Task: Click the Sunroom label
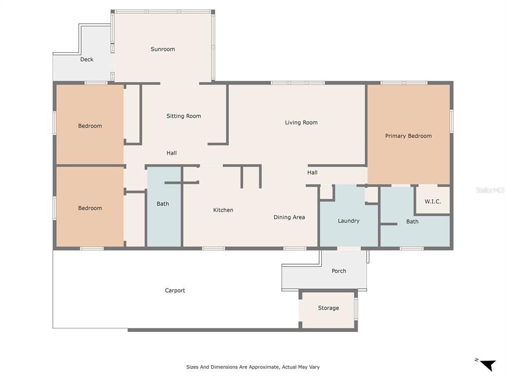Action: [163, 49]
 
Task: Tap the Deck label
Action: [87, 59]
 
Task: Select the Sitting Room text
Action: [184, 116]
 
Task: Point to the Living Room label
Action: [301, 123]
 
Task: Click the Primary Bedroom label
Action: [408, 136]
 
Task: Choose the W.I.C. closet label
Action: [432, 202]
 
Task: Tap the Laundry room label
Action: [348, 221]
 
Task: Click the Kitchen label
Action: [223, 210]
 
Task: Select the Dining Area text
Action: [289, 218]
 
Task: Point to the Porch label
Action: [339, 271]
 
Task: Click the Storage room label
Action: [329, 308]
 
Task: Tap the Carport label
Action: [175, 290]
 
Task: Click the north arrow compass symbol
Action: [488, 365]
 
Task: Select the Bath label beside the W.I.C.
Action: [412, 222]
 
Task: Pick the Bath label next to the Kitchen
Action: [163, 204]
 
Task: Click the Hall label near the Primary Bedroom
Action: [312, 173]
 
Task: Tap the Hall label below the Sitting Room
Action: [171, 153]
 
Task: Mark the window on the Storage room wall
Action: [356, 309]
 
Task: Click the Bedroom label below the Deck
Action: [90, 126]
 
